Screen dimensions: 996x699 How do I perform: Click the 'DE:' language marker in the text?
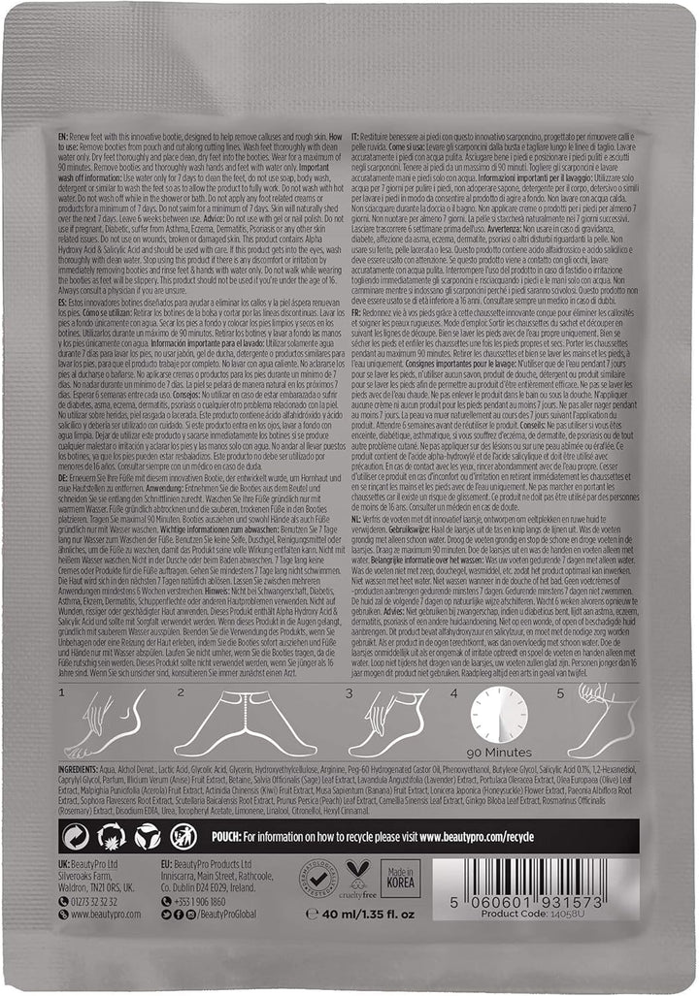tap(66, 459)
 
